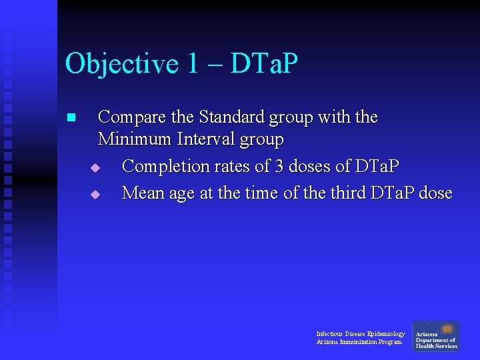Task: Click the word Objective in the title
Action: (x=122, y=65)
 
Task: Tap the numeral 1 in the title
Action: (x=193, y=65)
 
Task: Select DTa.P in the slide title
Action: (x=264, y=65)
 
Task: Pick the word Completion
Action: (x=165, y=166)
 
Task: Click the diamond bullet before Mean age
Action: (x=95, y=195)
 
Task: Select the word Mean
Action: (x=142, y=193)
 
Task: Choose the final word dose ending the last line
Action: (x=436, y=193)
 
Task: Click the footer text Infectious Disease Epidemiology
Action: (x=360, y=333)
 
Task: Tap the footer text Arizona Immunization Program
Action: (x=359, y=342)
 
